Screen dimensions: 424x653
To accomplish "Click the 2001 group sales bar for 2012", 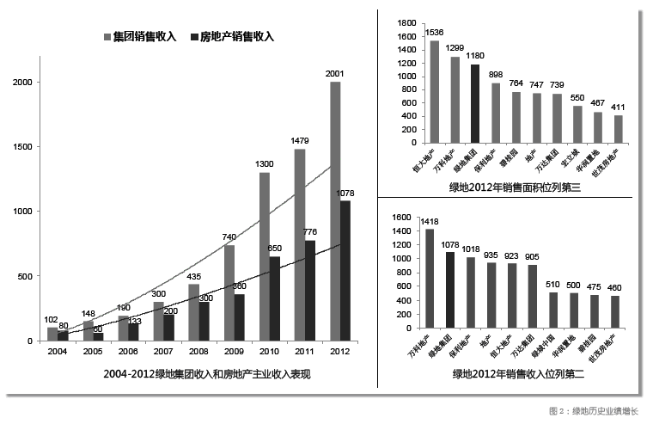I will point(335,211).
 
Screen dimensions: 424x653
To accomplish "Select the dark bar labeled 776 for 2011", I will point(310,291).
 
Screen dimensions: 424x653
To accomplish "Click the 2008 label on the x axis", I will point(199,351).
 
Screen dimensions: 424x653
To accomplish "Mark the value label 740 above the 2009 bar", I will point(229,237).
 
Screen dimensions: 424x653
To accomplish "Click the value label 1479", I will point(299,141).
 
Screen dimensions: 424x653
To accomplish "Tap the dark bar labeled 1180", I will point(475,104).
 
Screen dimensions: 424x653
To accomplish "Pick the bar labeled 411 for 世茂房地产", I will point(619,129).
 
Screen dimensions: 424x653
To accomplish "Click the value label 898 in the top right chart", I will point(496,74).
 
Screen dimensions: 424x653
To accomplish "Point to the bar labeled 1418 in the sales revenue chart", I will point(428,278).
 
